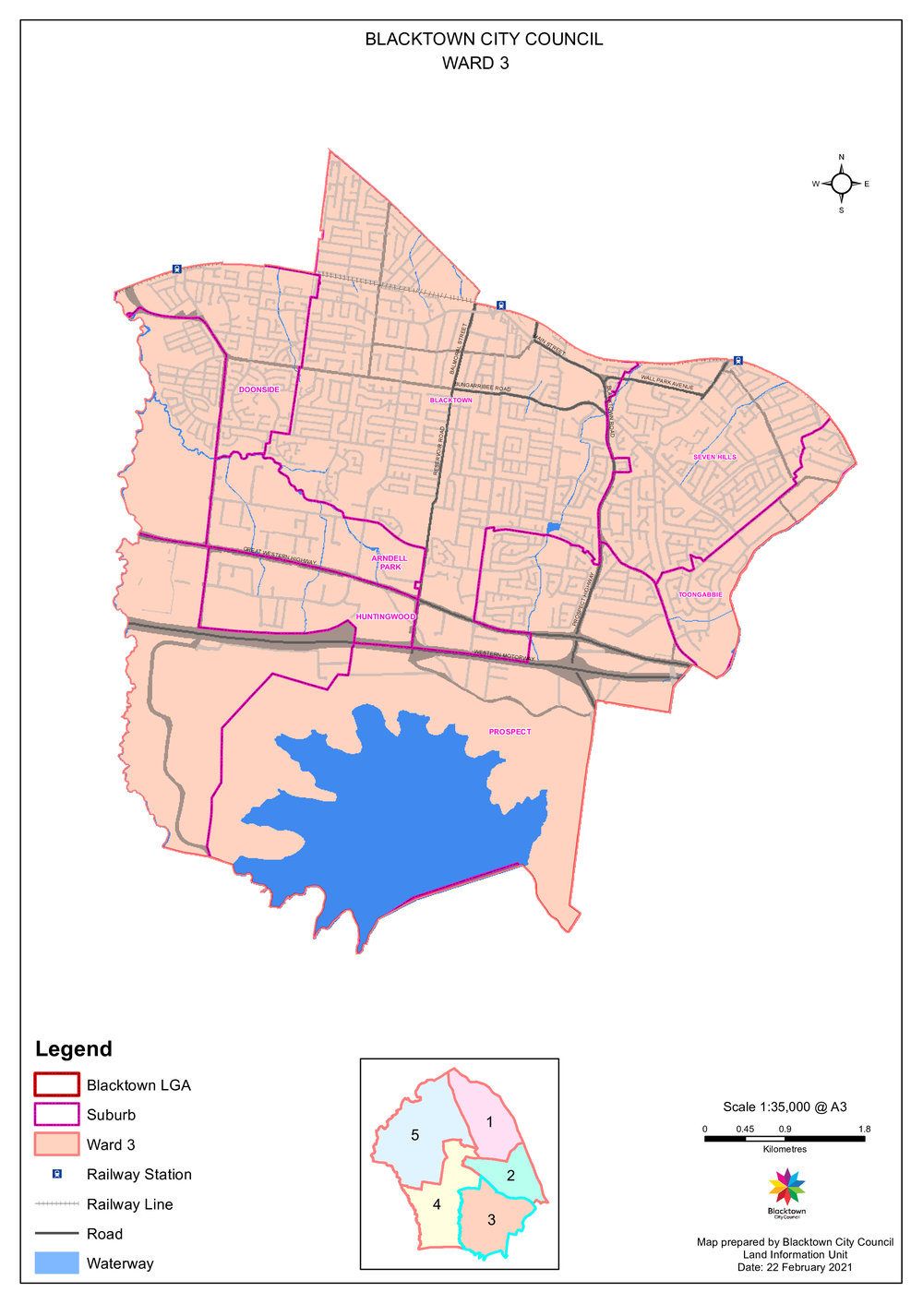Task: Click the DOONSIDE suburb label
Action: [258, 389]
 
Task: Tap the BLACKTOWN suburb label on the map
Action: [450, 401]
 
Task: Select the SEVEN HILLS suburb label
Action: [714, 457]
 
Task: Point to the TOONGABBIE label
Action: [701, 594]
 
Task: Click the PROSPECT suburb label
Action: [509, 732]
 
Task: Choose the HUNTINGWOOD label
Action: [386, 616]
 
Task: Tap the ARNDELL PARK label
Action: [390, 562]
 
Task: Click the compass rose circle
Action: [841, 184]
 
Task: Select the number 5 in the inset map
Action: [414, 1135]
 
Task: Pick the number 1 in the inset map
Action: [489, 1122]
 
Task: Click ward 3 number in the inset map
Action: [491, 1220]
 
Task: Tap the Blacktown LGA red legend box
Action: [56, 1084]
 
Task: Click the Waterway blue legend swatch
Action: [56, 1263]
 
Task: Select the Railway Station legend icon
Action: [56, 1174]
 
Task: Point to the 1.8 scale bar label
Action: [864, 1129]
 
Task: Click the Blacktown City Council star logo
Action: [786, 1187]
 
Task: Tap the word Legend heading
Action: [74, 1049]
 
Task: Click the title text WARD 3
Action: [475, 64]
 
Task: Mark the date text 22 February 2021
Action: [795, 1267]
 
